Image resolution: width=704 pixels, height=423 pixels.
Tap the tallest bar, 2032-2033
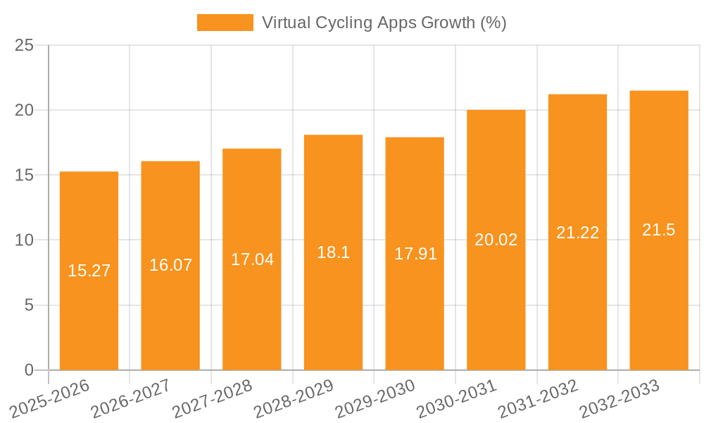tap(659, 296)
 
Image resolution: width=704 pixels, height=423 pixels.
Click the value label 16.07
tap(170, 265)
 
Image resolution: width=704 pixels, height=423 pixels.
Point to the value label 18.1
tap(333, 252)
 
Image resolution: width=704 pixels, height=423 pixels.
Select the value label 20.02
tap(496, 240)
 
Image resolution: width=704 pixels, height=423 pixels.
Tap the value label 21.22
tap(577, 233)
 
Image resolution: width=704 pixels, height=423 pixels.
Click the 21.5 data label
tap(659, 230)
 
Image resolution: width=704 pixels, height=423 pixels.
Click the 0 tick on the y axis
tap(29, 370)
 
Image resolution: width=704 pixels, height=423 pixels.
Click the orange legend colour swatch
tap(225, 23)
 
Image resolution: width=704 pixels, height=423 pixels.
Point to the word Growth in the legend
tap(448, 23)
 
